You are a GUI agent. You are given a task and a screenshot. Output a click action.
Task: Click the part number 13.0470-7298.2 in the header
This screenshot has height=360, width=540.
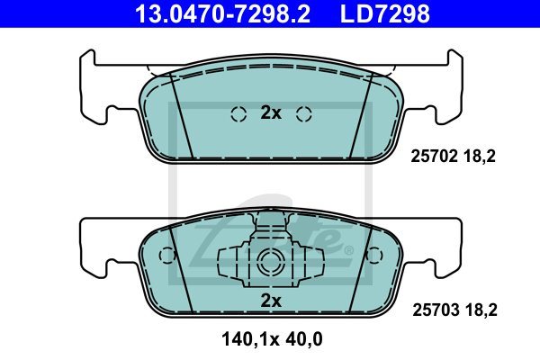(222, 13)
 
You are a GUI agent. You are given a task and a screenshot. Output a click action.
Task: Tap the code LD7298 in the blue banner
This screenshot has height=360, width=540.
(384, 13)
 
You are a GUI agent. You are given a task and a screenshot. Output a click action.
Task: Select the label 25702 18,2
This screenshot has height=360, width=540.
(453, 157)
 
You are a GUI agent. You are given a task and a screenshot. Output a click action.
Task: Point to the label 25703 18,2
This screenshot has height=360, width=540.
(454, 310)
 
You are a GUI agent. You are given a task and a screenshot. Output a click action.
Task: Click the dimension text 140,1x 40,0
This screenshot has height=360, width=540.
(272, 339)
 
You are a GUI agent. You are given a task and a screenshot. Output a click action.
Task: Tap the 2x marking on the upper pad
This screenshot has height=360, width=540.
(271, 112)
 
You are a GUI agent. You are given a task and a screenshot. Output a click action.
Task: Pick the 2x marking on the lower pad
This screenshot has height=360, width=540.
(271, 301)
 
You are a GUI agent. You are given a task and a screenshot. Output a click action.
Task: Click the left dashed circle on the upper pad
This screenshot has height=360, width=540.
(238, 114)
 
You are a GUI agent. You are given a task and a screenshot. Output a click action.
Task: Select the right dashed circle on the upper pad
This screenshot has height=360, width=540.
(304, 114)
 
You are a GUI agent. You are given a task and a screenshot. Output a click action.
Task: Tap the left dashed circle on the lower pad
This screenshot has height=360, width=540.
(167, 256)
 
